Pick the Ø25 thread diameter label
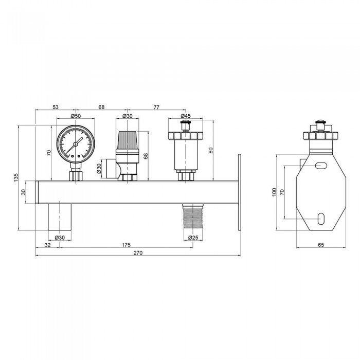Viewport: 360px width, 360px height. coord(193,238)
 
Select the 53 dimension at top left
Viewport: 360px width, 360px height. coord(55,107)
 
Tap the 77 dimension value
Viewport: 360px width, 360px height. coord(157,107)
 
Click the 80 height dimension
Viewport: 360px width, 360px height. coord(211,150)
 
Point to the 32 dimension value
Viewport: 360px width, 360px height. coord(47,245)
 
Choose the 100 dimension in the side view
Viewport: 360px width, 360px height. coord(275,192)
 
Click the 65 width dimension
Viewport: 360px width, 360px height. coord(320,245)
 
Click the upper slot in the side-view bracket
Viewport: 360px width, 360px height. coord(320,166)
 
